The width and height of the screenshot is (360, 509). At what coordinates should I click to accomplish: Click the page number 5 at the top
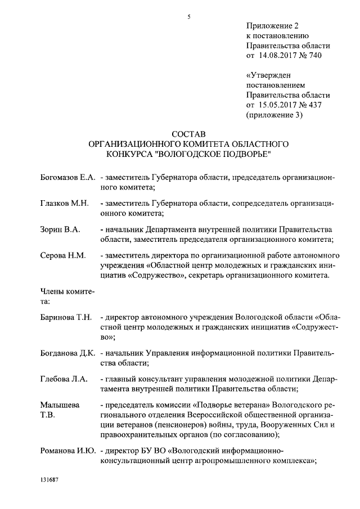(x=189, y=16)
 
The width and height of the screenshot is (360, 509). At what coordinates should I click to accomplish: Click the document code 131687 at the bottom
(x=50, y=482)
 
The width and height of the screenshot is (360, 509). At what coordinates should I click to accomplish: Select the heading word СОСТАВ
(x=189, y=134)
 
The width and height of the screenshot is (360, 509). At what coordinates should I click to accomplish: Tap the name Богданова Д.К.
(x=67, y=353)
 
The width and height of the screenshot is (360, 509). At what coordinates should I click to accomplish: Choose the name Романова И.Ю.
(x=67, y=451)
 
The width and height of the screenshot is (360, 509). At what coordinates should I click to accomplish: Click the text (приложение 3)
(x=275, y=115)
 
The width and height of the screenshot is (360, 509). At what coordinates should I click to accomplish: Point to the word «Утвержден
(x=269, y=75)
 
